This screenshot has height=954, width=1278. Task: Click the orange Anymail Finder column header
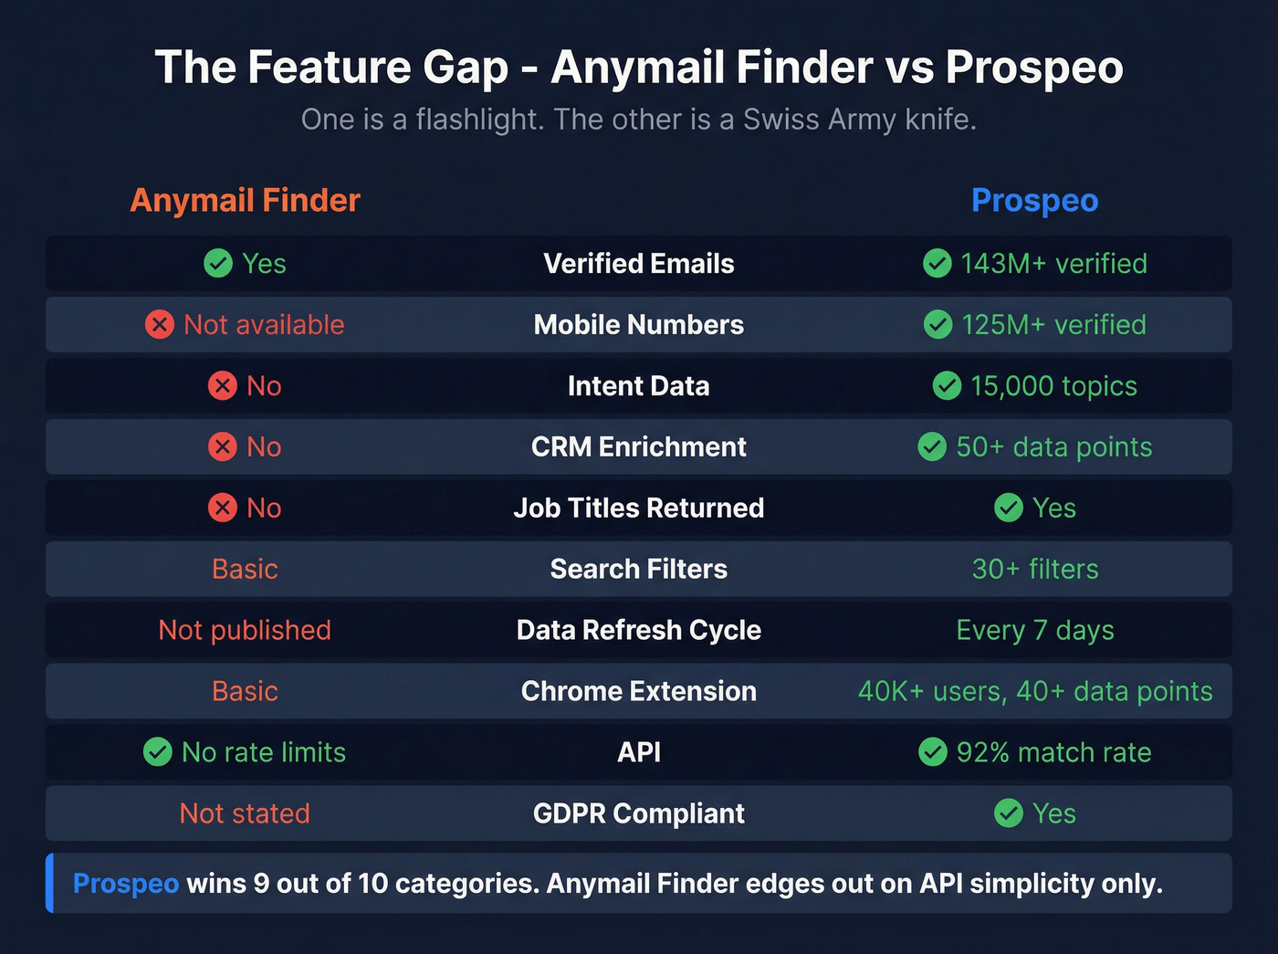(245, 200)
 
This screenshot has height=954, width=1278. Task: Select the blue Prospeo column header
(1034, 200)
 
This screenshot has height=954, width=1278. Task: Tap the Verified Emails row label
(638, 264)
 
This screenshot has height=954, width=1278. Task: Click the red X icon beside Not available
(160, 324)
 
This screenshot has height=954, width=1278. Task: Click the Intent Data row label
(638, 386)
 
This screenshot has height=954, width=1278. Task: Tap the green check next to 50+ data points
(932, 446)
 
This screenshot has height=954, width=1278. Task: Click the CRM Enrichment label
(638, 446)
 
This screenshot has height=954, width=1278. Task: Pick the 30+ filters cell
(1034, 569)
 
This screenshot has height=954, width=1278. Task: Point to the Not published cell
(245, 630)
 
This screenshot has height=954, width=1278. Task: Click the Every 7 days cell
(1034, 630)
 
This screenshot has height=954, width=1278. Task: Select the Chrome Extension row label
(638, 691)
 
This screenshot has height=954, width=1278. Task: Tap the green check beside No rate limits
(158, 751)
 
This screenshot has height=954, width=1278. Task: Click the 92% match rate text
(1053, 752)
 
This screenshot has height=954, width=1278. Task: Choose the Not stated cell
(245, 813)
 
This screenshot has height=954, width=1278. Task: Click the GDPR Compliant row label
(638, 813)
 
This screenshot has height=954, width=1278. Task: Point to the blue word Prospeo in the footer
(126, 884)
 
